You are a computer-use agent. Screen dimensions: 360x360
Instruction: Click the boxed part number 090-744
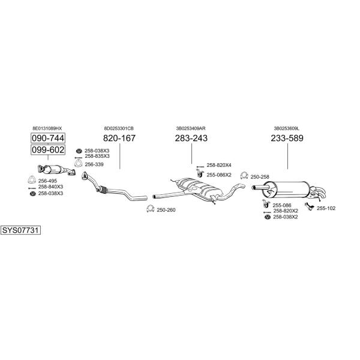(x=48, y=138)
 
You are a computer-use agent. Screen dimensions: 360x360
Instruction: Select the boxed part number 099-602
(x=48, y=150)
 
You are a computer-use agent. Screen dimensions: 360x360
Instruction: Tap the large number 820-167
(x=119, y=138)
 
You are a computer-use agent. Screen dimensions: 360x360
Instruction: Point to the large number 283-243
(x=191, y=138)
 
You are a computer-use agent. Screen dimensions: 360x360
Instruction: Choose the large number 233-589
(x=287, y=138)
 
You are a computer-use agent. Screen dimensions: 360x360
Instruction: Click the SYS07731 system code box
(x=20, y=230)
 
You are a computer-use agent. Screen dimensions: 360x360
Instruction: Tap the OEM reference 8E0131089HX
(x=47, y=128)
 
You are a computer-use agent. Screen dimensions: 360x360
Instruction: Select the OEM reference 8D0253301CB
(x=119, y=128)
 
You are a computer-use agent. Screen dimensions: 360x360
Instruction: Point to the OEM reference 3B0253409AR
(x=191, y=128)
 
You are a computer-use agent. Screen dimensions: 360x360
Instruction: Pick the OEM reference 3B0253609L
(x=287, y=128)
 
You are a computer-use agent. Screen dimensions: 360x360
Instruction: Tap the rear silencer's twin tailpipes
(x=317, y=193)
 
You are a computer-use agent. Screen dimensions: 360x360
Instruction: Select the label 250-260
(x=166, y=210)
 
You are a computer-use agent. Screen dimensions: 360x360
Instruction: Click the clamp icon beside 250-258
(x=244, y=176)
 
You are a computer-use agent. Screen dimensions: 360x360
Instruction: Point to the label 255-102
(x=326, y=208)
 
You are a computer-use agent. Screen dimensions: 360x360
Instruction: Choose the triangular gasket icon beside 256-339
(x=78, y=164)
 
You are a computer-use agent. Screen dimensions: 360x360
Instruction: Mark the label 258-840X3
(x=50, y=187)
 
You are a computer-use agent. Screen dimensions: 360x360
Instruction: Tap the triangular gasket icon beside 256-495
(x=32, y=180)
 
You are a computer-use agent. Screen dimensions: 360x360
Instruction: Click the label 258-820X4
(x=219, y=165)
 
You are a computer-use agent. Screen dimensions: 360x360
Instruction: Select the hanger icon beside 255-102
(x=309, y=206)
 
